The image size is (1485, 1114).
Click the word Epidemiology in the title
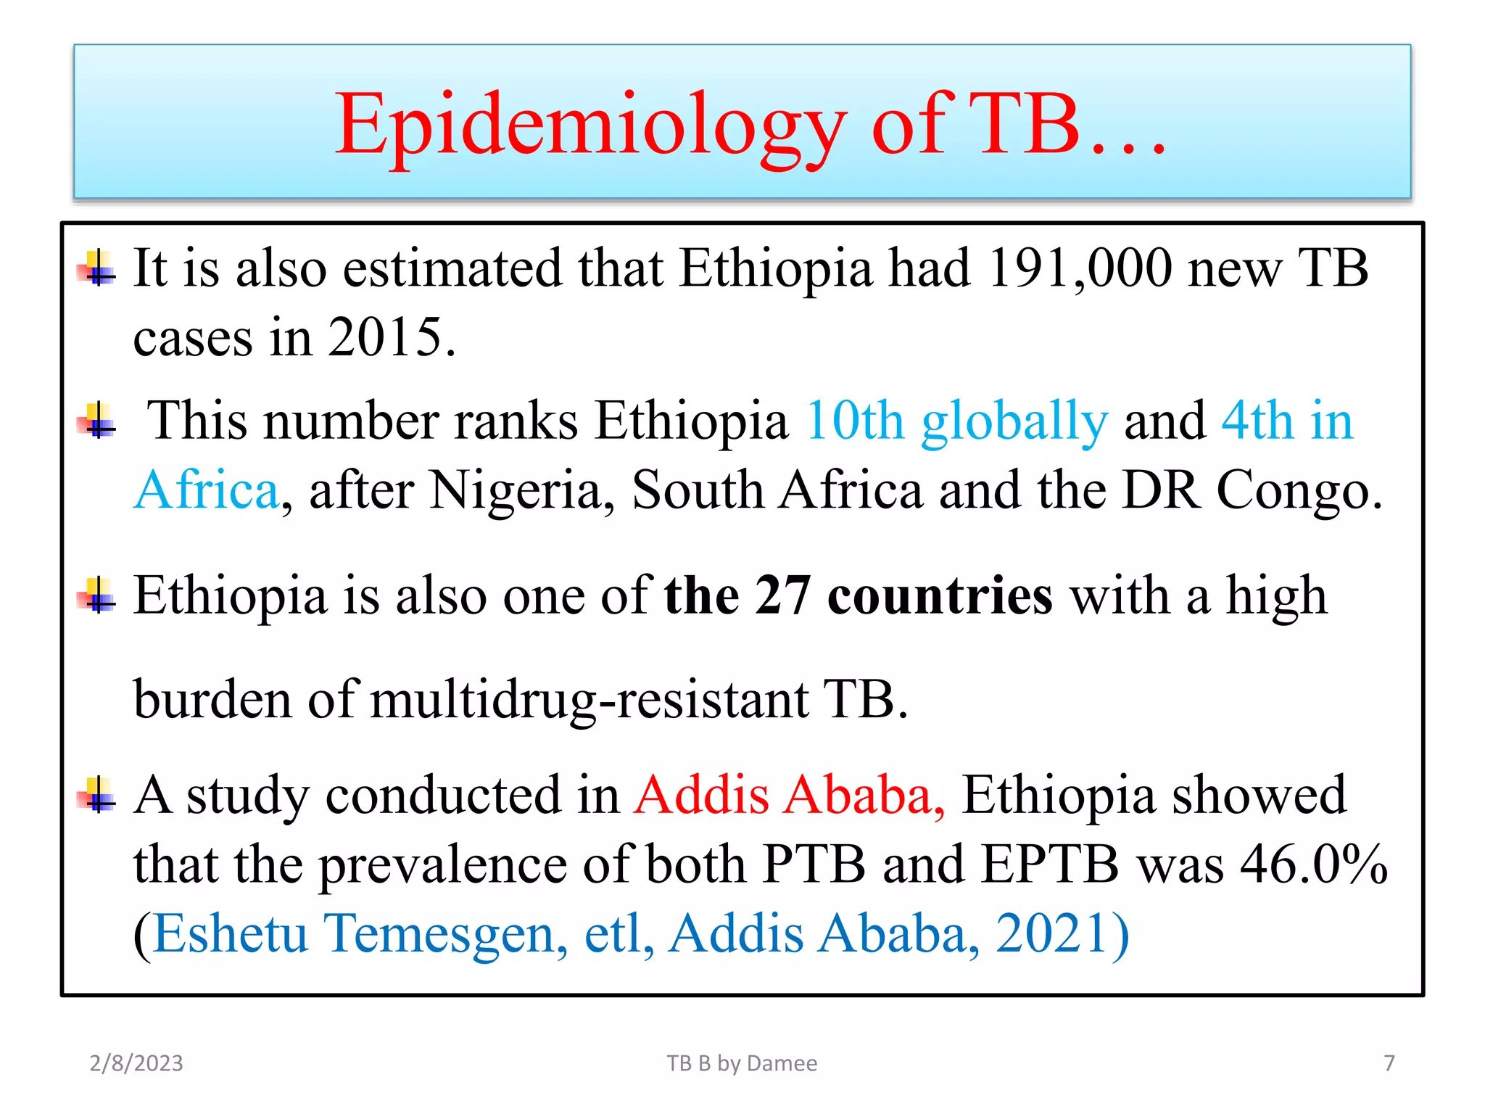(x=590, y=125)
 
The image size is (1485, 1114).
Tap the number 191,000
(x=1079, y=268)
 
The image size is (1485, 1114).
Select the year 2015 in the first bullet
(x=384, y=337)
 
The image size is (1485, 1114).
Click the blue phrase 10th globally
(x=956, y=421)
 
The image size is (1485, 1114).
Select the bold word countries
(x=940, y=596)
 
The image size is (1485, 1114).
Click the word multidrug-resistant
(x=589, y=700)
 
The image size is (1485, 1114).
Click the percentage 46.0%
(x=1313, y=865)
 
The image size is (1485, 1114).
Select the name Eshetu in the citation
(x=230, y=933)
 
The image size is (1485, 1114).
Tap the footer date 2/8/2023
(x=136, y=1063)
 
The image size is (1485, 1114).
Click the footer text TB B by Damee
(x=742, y=1063)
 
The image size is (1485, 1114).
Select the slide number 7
(x=1389, y=1063)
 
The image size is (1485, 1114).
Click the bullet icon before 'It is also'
(x=98, y=268)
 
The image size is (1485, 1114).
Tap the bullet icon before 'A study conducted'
(x=98, y=795)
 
